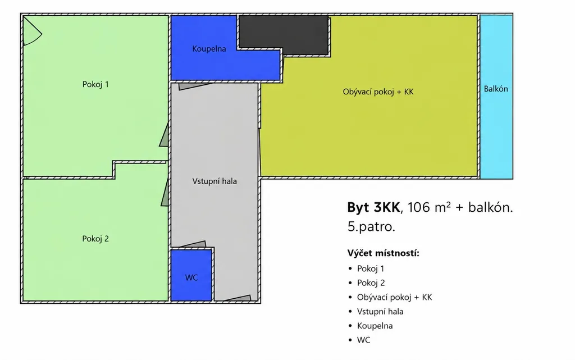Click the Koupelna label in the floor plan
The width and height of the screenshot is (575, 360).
tap(209, 49)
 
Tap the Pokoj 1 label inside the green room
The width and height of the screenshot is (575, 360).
tap(95, 84)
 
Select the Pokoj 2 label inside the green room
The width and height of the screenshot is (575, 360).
tap(95, 239)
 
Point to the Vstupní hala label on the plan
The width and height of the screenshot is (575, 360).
tap(215, 181)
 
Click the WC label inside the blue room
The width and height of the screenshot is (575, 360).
tap(191, 277)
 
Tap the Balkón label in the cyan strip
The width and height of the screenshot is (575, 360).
tap(496, 89)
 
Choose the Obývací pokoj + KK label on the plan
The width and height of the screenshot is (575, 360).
tap(378, 92)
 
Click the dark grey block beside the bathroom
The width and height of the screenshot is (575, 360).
tap(284, 35)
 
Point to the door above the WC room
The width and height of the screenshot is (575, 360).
tap(193, 244)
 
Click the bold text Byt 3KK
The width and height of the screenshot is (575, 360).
tap(373, 207)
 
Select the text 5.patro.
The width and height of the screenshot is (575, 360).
tap(371, 227)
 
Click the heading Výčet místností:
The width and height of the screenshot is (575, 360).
tap(383, 253)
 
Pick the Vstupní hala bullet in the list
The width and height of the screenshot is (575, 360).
tap(380, 312)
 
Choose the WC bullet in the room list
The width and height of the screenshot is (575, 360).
tap(364, 340)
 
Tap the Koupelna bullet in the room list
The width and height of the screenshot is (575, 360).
tap(375, 326)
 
